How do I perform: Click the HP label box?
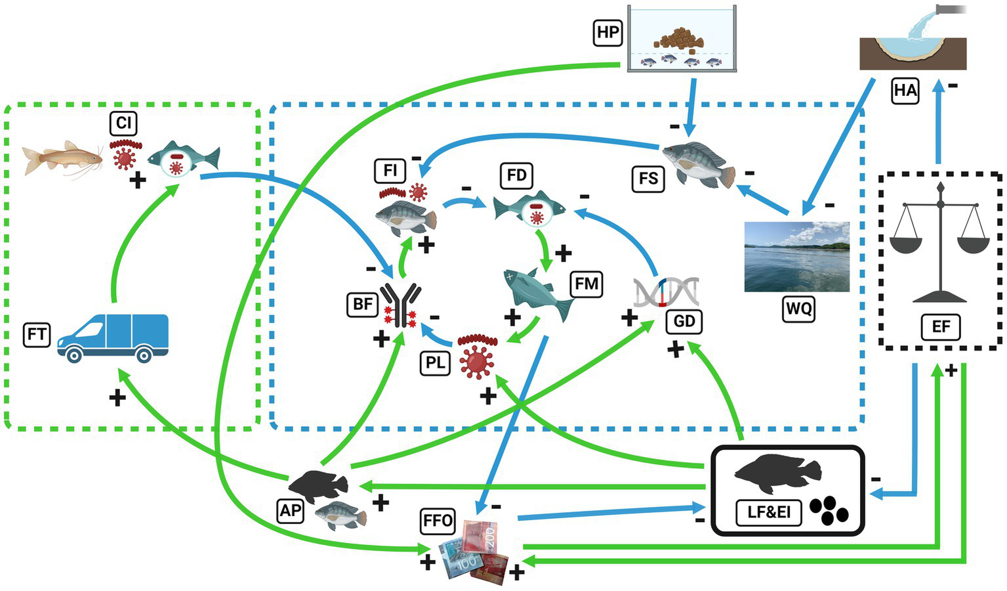coord(607,32)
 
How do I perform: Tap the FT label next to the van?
coord(37,334)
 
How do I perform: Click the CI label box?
coord(123,123)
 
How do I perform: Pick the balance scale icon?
coord(940,243)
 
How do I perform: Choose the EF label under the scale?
coord(941,327)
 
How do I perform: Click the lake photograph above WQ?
coord(797,257)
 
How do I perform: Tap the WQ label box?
coord(799,309)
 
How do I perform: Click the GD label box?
coord(684,321)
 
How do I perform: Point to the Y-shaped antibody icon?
coord(401,305)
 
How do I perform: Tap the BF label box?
coord(362,305)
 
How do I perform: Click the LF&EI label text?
coord(769,512)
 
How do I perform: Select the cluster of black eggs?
coord(829,510)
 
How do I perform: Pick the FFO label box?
coord(438,521)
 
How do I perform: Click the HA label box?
coord(905,91)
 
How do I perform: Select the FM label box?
coord(586,284)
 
